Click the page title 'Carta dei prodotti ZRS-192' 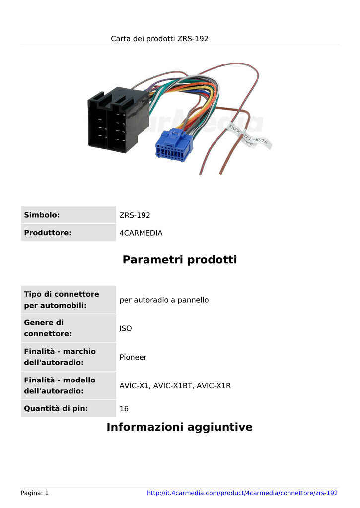pyautogui.click(x=159, y=39)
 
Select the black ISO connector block pyautogui.click(x=118, y=120)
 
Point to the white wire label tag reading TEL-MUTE pyautogui.click(x=256, y=140)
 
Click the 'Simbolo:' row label pyautogui.click(x=42, y=215)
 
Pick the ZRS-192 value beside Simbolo pyautogui.click(x=135, y=215)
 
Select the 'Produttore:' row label pyautogui.click(x=48, y=233)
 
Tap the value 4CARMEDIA pyautogui.click(x=141, y=233)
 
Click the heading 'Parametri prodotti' pyautogui.click(x=180, y=259)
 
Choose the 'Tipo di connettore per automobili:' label pyautogui.click(x=62, y=300)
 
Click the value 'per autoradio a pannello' pyautogui.click(x=164, y=300)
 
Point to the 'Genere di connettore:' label pyautogui.click(x=48, y=328)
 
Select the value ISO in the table pyautogui.click(x=126, y=328)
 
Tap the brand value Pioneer pyautogui.click(x=133, y=357)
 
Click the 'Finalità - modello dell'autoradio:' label pyautogui.click(x=60, y=385)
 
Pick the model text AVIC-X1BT pyautogui.click(x=172, y=386)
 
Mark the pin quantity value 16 pyautogui.click(x=124, y=409)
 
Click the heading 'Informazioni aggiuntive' pyautogui.click(x=179, y=427)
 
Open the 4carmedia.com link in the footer pyautogui.click(x=242, y=493)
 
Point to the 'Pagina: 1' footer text pyautogui.click(x=34, y=493)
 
